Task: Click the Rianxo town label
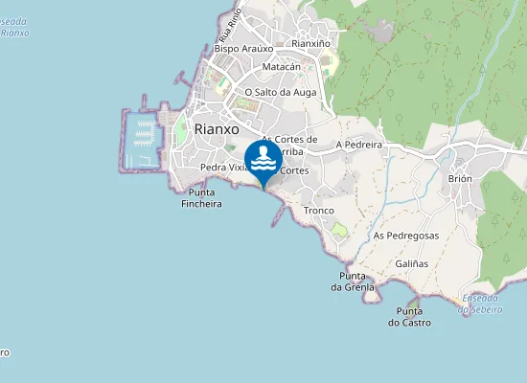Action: [x=216, y=129]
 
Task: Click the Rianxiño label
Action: [x=310, y=43]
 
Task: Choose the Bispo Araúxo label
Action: [x=244, y=48]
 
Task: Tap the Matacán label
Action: [x=281, y=67]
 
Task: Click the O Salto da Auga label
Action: [x=280, y=92]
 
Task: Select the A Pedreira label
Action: [x=359, y=145]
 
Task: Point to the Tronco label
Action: [x=318, y=210]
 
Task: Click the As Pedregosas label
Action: [x=406, y=235]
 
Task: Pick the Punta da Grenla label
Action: [x=351, y=282]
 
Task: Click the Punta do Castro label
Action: [x=409, y=317]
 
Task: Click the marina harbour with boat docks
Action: [x=141, y=139]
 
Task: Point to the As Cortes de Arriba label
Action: [x=289, y=145]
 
